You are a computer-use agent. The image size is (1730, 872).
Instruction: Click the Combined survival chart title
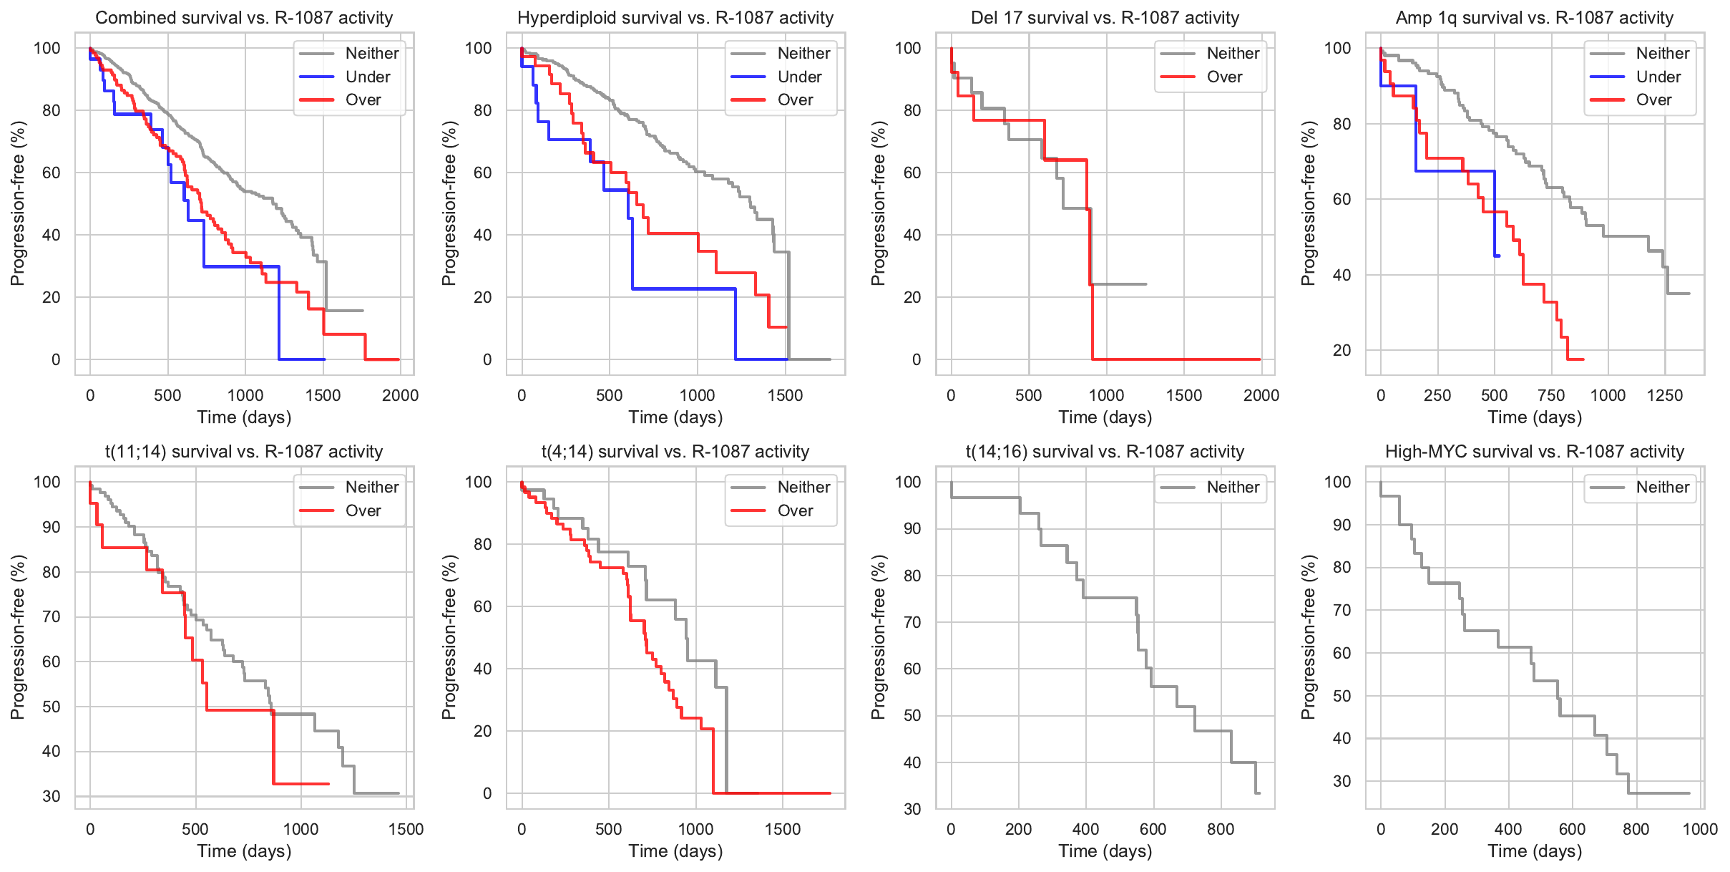coord(244,18)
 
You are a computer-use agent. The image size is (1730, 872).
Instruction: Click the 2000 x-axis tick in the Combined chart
coord(400,395)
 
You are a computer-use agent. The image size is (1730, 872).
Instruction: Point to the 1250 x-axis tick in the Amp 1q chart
coord(1665,395)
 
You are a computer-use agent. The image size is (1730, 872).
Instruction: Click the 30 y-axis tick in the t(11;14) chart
coord(52,796)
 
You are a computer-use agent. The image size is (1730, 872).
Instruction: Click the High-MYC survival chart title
coord(1535,452)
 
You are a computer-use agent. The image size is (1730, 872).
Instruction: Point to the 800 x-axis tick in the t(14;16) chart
coord(1220,829)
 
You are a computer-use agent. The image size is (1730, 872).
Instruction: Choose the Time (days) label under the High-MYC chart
coord(1535,851)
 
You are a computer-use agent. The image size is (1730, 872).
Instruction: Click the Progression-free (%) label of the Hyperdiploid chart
coord(449,203)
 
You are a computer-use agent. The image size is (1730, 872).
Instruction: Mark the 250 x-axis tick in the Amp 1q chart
coord(1437,395)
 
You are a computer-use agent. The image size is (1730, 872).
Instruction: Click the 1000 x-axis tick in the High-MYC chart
coord(1700,829)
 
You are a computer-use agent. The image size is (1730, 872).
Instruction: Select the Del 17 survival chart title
coord(1105,18)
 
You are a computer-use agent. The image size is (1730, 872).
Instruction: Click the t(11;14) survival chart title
coord(244,452)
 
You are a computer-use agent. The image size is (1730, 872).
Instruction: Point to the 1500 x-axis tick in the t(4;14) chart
coord(783,829)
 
